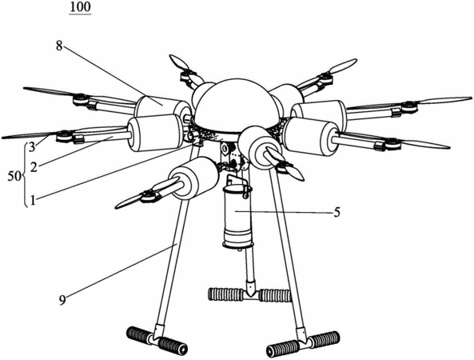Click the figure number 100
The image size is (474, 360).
pos(80,6)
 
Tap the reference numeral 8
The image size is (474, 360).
pos(59,46)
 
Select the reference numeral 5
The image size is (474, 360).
pos(337,212)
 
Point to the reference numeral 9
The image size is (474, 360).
pos(62,300)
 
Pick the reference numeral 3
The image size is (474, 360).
pos(33,149)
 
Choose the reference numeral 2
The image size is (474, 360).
pos(34,166)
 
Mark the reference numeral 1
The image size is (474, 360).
pos(33,200)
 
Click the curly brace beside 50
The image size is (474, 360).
pos(26,174)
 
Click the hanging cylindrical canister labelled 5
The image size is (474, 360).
pos(237,218)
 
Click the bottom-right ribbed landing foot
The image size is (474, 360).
pos(303,344)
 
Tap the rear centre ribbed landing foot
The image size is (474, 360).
pos(250,294)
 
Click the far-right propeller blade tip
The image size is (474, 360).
pos(470,98)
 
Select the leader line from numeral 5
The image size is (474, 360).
pos(283,212)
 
